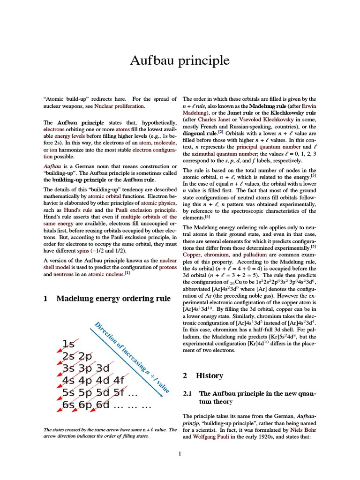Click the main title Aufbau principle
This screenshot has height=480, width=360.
coord(180,60)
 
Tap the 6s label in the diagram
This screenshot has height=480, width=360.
coord(69,405)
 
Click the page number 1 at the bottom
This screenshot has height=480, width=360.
coord(180,453)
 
